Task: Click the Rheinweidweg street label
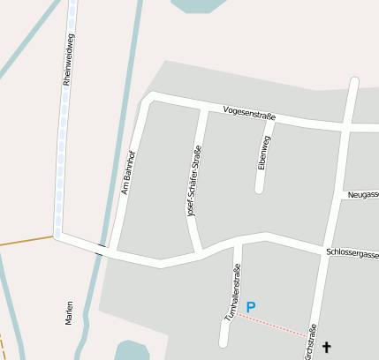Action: (68, 58)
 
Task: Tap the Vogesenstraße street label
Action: (250, 113)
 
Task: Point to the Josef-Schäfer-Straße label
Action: (191, 180)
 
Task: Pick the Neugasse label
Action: (363, 194)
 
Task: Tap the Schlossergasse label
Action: (352, 254)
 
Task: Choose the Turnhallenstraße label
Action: (231, 292)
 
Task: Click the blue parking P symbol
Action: (251, 307)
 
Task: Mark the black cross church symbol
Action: (327, 348)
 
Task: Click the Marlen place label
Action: (69, 313)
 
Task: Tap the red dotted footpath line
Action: (274, 324)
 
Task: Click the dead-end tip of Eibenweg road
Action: (260, 188)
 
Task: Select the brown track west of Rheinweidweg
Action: (27, 240)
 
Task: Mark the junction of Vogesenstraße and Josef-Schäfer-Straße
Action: (207, 110)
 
